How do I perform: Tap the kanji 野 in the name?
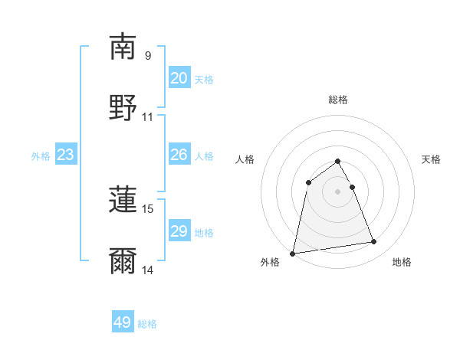[123, 107]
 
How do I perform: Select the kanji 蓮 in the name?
[123, 199]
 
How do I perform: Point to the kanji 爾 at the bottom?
[123, 260]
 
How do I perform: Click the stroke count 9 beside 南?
[148, 55]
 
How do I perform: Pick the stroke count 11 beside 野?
[148, 117]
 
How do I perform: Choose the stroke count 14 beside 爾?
[148, 270]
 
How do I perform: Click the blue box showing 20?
[179, 78]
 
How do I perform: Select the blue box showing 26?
[179, 155]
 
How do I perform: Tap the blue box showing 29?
[179, 231]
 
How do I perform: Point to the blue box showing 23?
[66, 155]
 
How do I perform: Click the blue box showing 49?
[123, 322]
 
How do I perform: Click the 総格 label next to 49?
[148, 324]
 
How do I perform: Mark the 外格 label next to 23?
[41, 156]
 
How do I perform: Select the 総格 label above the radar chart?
[338, 100]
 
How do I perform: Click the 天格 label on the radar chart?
[432, 159]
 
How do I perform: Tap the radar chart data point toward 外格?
[293, 253]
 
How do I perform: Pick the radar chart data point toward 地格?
[374, 242]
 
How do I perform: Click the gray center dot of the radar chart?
[338, 191]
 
